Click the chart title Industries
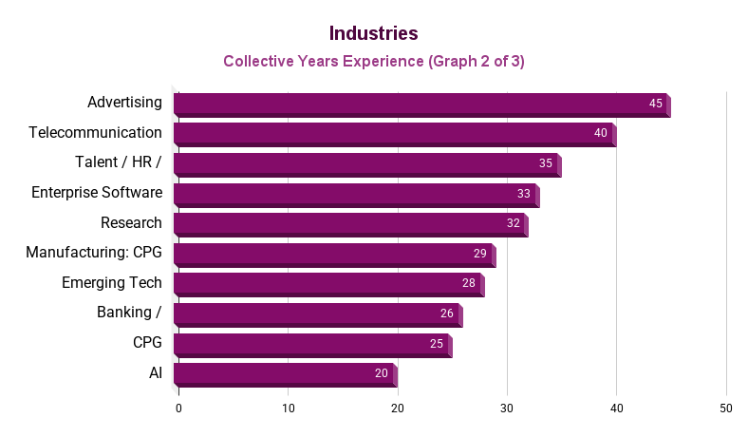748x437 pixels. point(373,33)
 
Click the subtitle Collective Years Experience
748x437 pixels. point(373,61)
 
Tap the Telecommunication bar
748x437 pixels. point(394,134)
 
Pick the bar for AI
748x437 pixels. point(285,374)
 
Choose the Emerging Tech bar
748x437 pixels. point(328,284)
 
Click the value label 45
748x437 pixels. point(655,104)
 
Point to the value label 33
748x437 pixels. point(523,194)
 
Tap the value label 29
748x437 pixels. point(479,254)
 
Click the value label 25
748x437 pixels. point(436,344)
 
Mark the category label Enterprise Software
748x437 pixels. point(96,193)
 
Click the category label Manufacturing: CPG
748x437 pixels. point(93,253)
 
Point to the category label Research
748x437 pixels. point(131,223)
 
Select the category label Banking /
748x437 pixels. point(129,313)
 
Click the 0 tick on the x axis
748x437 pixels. point(178,408)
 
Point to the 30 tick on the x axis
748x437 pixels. point(507,408)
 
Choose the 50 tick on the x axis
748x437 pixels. point(726,408)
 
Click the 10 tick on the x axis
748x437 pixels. point(288,408)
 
